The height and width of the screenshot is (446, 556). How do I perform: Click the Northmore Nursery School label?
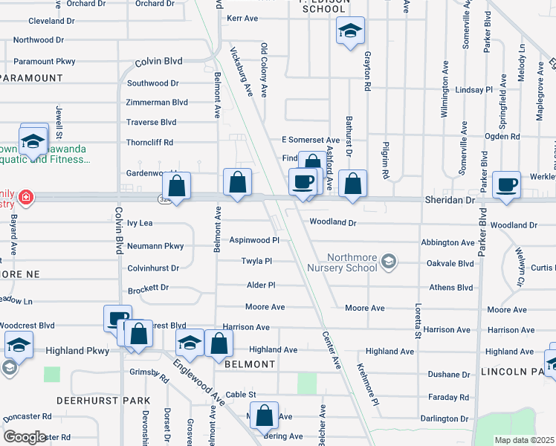(340, 262)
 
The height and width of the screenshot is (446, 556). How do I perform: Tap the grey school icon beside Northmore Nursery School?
(388, 262)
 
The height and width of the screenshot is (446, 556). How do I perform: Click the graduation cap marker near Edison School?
(350, 31)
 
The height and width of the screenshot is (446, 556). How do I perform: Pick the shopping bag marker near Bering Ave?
(264, 416)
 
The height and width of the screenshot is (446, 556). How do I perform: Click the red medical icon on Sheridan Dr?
(26, 198)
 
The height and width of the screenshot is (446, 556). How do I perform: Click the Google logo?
(25, 437)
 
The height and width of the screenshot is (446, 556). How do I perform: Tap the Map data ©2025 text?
(524, 440)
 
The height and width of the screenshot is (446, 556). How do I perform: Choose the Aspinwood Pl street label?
(253, 241)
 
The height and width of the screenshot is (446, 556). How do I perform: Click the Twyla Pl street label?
(256, 261)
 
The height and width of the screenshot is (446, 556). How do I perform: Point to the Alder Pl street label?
(261, 285)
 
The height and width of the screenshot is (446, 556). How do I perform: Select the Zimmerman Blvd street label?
(157, 102)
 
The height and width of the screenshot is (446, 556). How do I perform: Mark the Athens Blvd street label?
(450, 288)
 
